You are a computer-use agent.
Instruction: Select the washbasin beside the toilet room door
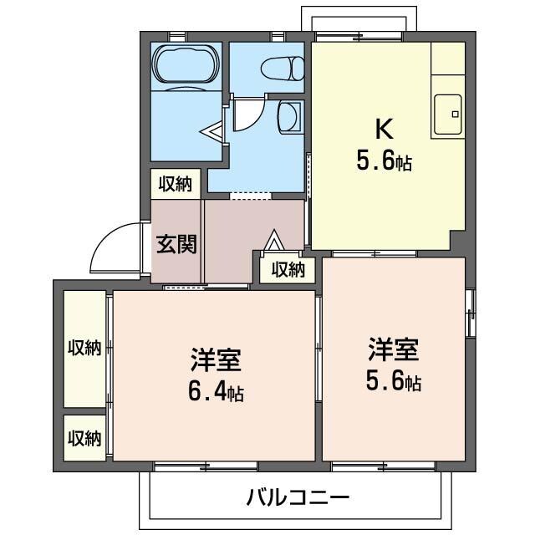288,117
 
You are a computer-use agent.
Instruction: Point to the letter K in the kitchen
383,129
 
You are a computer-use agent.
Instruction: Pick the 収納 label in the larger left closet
84,348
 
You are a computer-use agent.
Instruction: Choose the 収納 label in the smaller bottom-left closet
84,437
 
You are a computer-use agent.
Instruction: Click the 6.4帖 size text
216,392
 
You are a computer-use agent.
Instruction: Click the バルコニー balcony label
298,498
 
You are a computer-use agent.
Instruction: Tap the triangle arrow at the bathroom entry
214,131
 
